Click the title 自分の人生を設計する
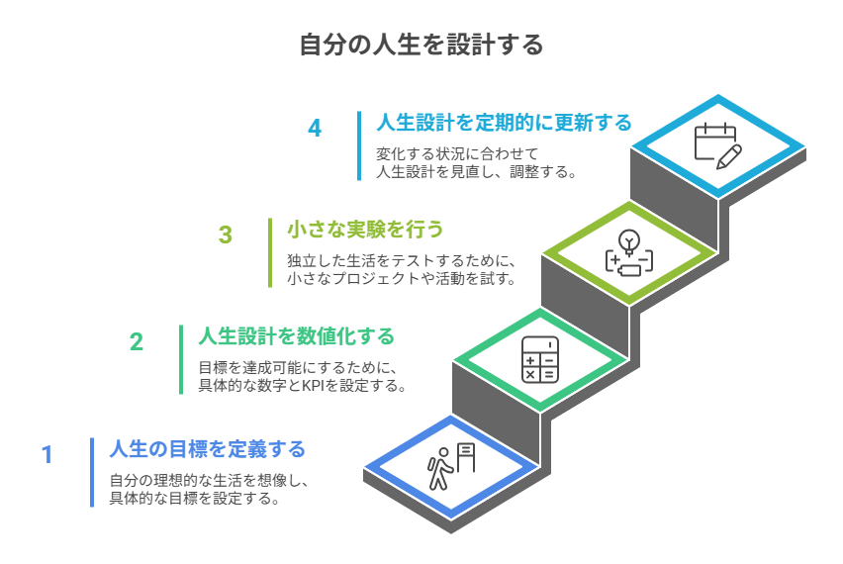421,46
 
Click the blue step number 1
47,454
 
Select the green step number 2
137,341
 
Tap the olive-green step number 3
226,235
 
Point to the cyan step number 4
315,128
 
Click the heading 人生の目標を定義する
208,449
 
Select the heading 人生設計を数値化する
297,336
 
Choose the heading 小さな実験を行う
365,230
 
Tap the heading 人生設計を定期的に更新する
504,123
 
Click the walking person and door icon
452,466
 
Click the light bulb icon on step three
629,252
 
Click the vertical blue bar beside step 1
92,472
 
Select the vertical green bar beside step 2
181,359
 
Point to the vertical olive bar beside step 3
270,252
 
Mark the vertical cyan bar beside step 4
359,145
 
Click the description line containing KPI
303,386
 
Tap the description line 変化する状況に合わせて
456,153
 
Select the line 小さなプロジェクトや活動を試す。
401,279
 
